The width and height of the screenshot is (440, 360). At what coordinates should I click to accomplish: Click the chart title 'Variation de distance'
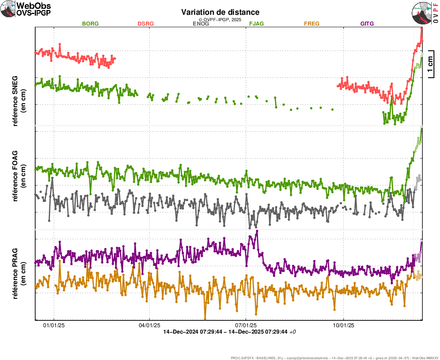coord(220,12)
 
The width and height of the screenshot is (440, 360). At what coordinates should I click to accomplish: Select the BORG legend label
coord(90,24)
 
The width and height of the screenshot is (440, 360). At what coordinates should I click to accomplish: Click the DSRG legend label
coord(146,24)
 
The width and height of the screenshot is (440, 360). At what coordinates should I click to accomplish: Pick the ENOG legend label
coord(201,24)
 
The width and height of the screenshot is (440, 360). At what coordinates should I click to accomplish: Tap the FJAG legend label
coord(256,24)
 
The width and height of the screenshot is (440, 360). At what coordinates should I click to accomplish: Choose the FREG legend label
coord(312,24)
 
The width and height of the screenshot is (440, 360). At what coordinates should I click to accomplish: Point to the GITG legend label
coord(367,24)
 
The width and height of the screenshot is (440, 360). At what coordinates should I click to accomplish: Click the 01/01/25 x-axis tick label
coord(54,326)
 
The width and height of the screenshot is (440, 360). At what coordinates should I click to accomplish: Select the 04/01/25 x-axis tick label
coord(149,326)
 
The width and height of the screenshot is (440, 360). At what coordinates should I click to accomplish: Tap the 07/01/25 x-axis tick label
coord(246,326)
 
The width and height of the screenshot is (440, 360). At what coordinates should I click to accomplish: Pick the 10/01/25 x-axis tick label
coord(343,326)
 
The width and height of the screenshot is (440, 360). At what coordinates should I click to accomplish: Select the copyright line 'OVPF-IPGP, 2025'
coord(220,19)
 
